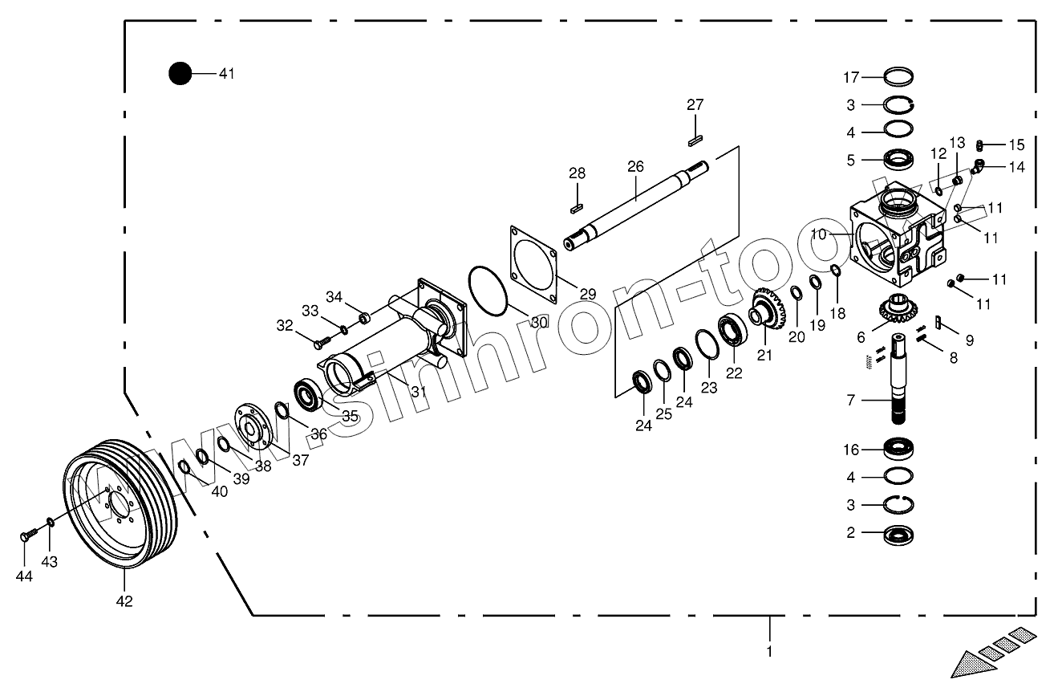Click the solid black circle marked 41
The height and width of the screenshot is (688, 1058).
tap(180, 74)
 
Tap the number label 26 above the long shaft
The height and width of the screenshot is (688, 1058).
tap(635, 167)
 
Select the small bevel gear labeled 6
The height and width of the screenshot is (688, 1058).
tap(904, 310)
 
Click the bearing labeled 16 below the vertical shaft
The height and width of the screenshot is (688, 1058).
tap(900, 449)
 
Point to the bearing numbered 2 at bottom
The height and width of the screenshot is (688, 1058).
tap(900, 533)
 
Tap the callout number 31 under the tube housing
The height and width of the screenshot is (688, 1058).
tap(418, 392)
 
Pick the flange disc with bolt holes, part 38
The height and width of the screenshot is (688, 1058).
tap(253, 426)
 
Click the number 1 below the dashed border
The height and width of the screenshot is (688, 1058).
tap(769, 651)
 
